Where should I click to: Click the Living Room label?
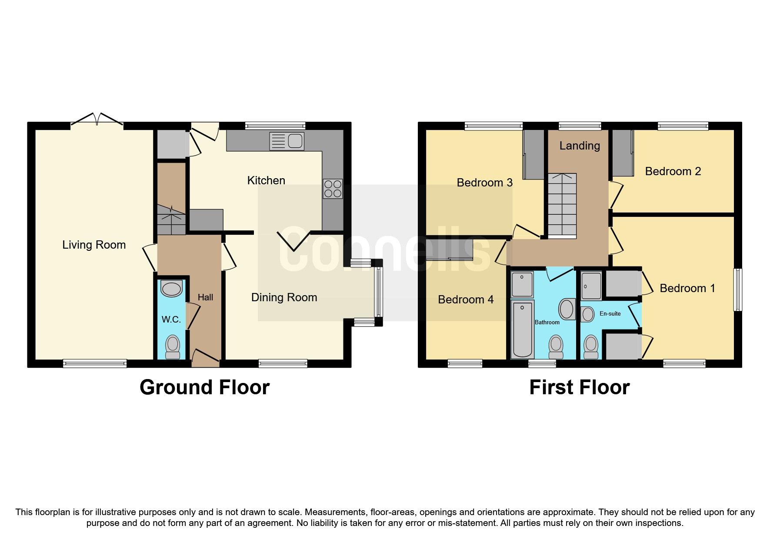pos(94,245)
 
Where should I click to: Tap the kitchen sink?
pos(287,141)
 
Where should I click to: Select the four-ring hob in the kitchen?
pos(333,189)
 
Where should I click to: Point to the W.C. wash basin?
pos(171,289)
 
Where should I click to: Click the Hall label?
pos(205,297)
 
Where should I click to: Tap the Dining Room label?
pos(284,297)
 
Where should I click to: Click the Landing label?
pos(579,146)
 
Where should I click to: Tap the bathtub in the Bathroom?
pos(522,329)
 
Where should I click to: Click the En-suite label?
pos(610,313)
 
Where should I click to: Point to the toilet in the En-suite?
pos(591,346)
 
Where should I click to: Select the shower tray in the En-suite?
pos(591,286)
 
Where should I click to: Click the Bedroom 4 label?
pos(466,299)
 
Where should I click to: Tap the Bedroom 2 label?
pos(673,171)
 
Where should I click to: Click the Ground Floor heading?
pos(204,387)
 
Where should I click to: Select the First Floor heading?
pos(579,387)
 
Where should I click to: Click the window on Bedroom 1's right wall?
pos(737,289)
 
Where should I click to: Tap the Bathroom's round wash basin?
pos(566,309)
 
